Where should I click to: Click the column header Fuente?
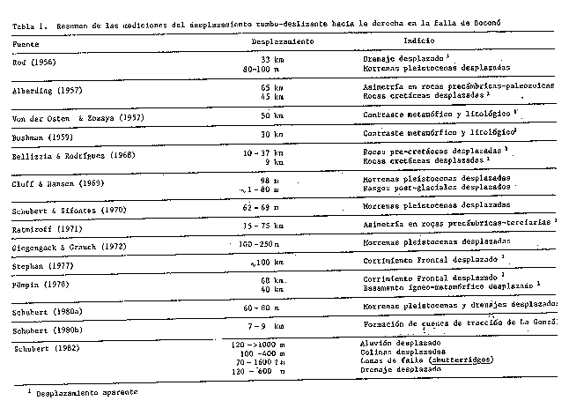[29, 41]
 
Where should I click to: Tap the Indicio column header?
[417, 41]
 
